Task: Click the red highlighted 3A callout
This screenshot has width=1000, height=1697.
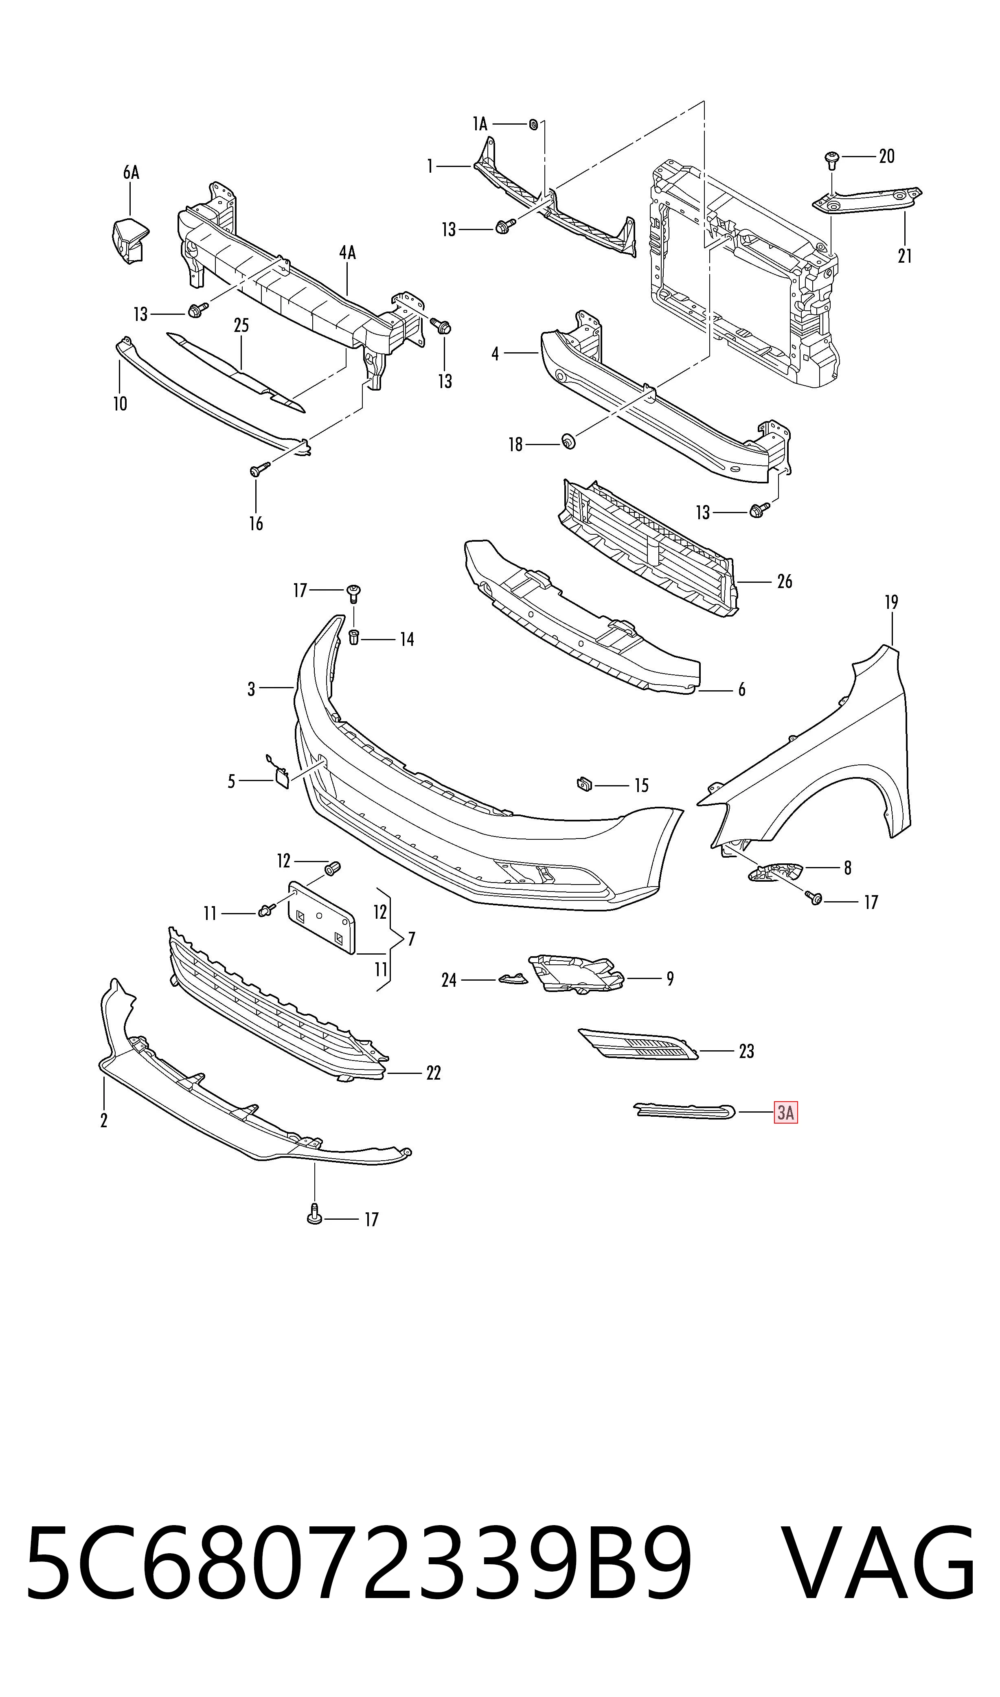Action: pos(786,1112)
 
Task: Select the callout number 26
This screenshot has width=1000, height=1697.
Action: pos(784,581)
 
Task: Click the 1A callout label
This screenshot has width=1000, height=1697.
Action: pos(479,124)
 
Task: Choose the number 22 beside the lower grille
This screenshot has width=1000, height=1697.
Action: pos(433,1073)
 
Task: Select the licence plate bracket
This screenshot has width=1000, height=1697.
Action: pos(321,918)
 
